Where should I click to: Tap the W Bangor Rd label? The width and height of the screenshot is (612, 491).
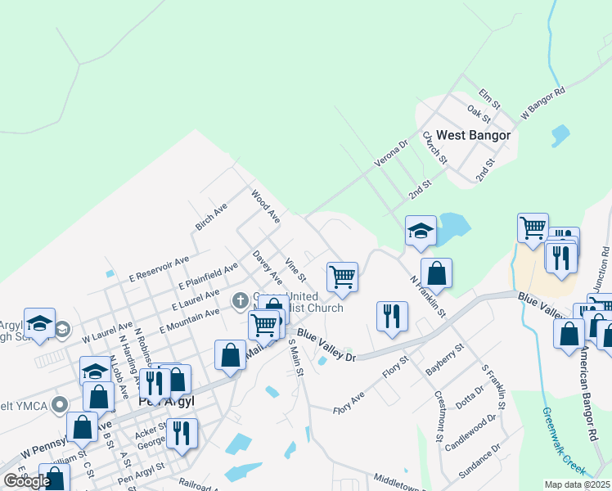coord(543,104)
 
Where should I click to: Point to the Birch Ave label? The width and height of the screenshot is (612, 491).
coord(209,216)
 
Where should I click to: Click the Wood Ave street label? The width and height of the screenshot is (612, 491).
coord(266,207)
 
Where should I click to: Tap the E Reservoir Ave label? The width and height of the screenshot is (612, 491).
coord(160,269)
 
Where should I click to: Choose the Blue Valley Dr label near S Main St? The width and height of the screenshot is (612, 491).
coord(326,345)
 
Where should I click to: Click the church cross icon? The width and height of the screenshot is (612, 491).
coord(241,300)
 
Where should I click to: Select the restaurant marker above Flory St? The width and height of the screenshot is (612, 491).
coord(392,315)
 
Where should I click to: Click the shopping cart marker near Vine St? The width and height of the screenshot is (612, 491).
coord(342,276)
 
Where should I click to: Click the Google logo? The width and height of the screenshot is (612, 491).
coord(26,480)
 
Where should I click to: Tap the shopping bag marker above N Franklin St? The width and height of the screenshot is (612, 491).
coord(437,273)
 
